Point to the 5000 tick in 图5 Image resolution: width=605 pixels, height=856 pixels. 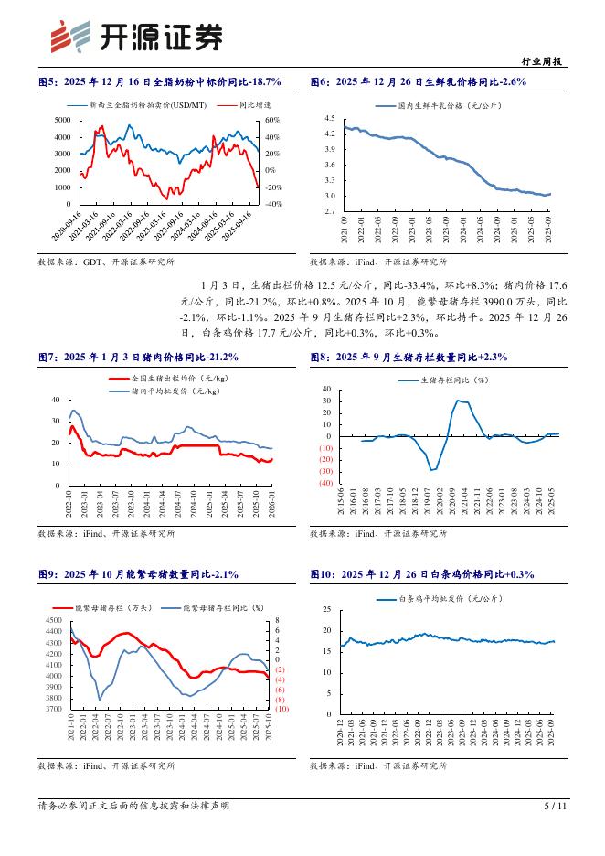pyautogui.click(x=64, y=121)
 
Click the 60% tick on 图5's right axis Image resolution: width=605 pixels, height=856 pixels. pyautogui.click(x=273, y=121)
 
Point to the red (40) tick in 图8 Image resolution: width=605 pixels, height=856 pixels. pyautogui.click(x=324, y=482)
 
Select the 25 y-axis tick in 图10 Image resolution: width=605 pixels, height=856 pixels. pyautogui.click(x=328, y=610)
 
